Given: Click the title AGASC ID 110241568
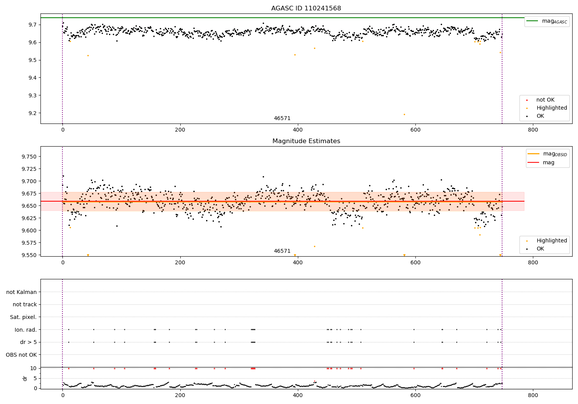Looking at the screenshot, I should click(x=306, y=8).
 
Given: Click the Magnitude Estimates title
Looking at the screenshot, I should click(x=306, y=141).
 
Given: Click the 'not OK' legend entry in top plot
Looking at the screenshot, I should click(x=545, y=100).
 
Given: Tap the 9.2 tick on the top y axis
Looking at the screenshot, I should click(x=32, y=113).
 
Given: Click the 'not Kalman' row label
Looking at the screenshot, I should click(x=22, y=292).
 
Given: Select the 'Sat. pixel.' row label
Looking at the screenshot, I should click(x=23, y=317).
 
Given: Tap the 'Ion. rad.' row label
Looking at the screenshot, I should click(x=25, y=330).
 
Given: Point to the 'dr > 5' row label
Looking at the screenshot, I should click(x=29, y=342).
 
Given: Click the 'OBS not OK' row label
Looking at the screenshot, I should click(x=21, y=355).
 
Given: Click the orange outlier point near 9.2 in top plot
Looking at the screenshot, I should click(x=404, y=114).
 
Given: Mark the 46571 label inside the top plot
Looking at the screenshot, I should click(x=282, y=119).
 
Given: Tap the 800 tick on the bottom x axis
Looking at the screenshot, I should click(x=533, y=395).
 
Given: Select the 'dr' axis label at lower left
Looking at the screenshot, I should click(x=25, y=378).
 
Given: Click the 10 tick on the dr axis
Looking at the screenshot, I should click(x=33, y=368).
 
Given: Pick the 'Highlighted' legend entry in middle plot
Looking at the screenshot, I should click(x=551, y=241).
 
